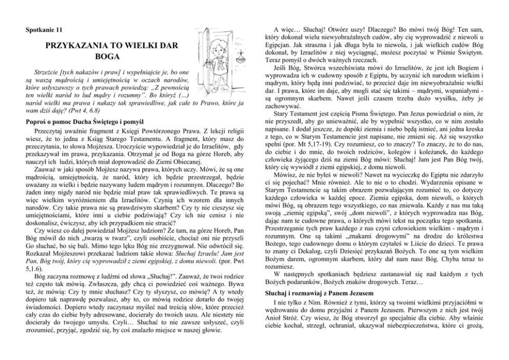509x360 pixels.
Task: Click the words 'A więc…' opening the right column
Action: pos(288,30)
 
